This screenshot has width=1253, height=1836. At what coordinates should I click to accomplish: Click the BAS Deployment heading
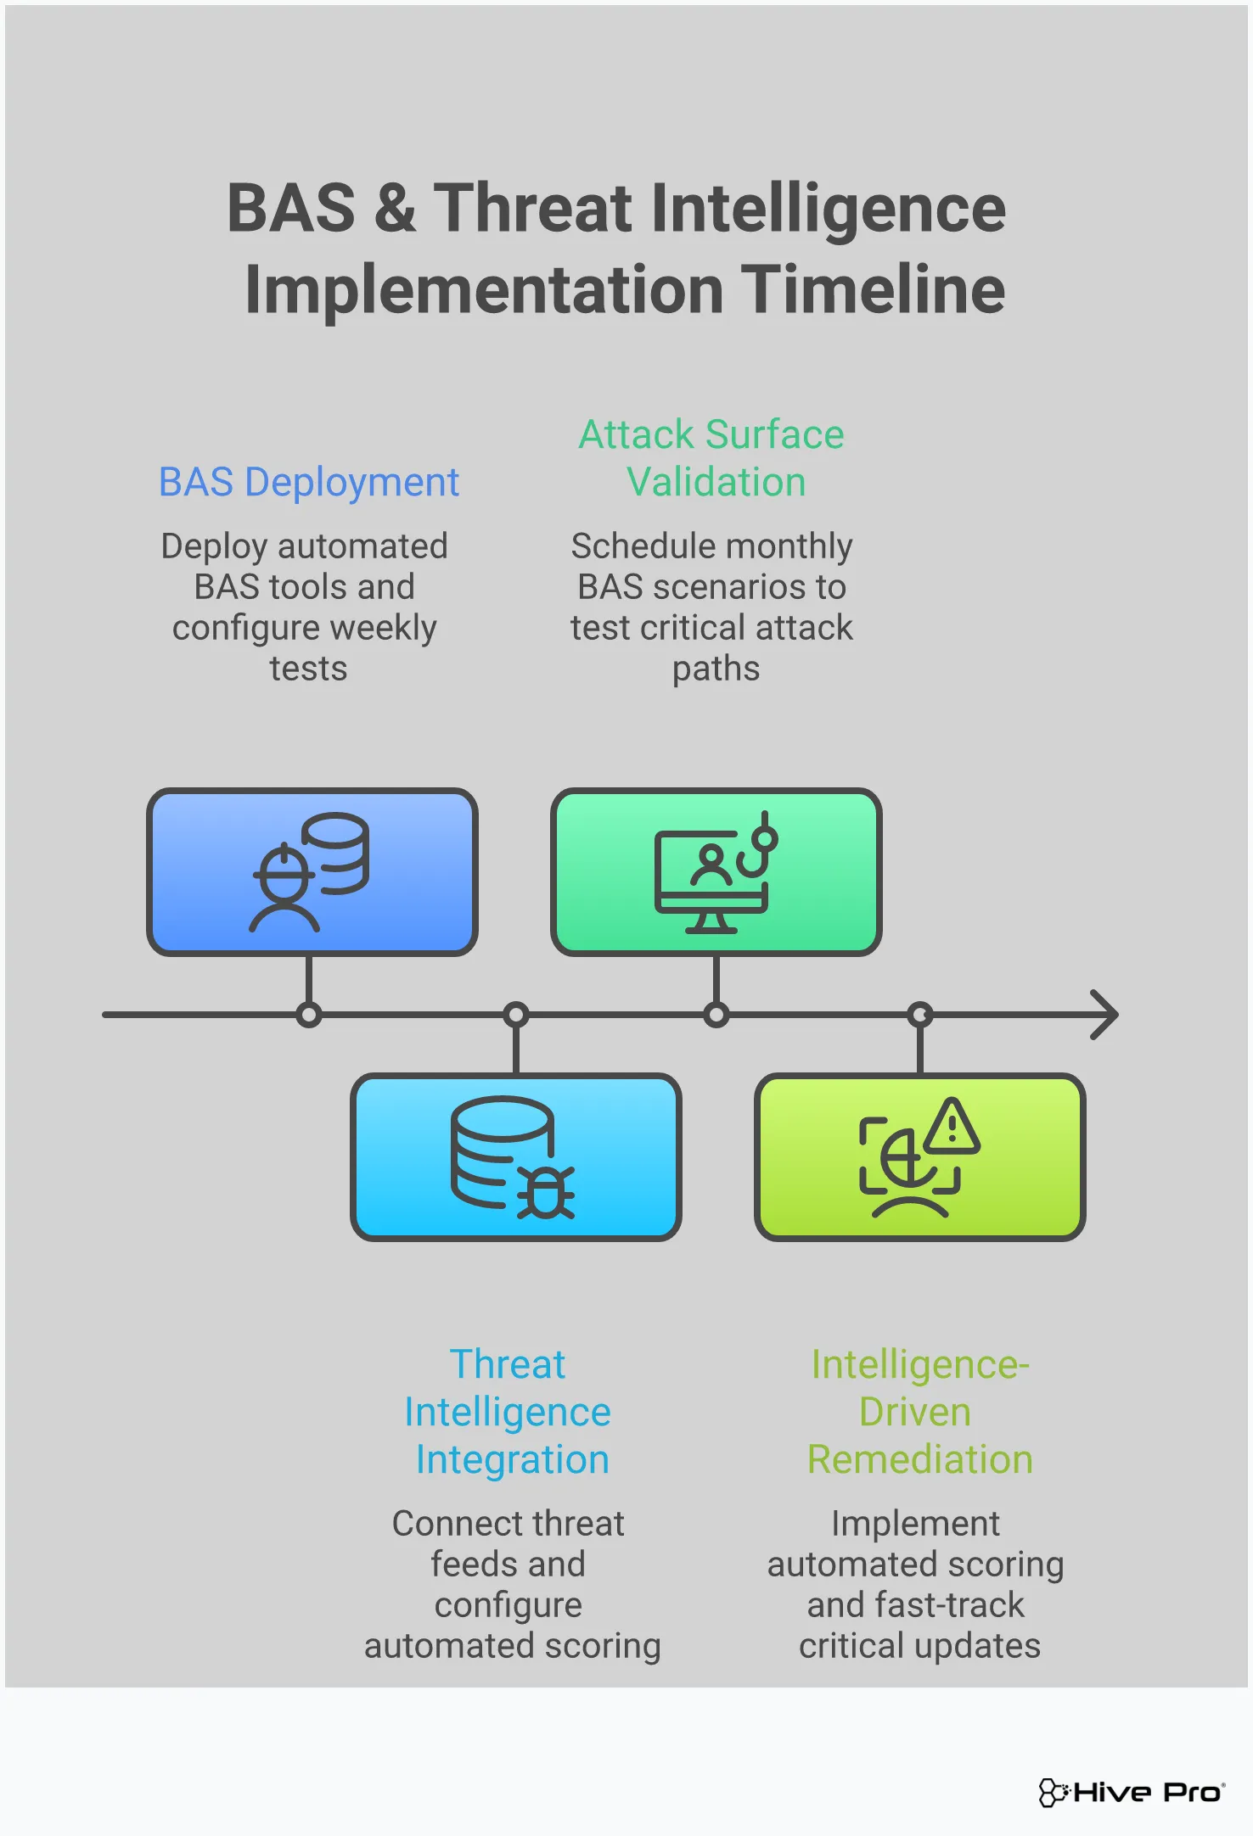[309, 482]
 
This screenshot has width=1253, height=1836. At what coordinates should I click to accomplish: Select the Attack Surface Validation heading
[711, 458]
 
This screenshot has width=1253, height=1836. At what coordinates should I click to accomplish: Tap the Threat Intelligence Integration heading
[508, 1412]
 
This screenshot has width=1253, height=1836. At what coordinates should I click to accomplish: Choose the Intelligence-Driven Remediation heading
[919, 1412]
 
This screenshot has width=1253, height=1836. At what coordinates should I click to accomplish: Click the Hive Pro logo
[1132, 1792]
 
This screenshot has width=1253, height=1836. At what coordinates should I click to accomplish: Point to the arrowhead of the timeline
[1105, 1015]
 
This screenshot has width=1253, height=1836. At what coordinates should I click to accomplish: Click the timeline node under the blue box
[309, 1015]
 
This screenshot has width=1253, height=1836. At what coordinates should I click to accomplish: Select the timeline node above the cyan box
[516, 1015]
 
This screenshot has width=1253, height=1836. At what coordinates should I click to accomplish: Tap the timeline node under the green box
[716, 1015]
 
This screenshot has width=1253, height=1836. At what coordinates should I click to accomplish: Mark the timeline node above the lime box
[920, 1015]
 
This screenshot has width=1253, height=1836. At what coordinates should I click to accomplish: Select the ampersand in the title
[395, 209]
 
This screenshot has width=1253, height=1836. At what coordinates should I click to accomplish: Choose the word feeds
[470, 1565]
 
